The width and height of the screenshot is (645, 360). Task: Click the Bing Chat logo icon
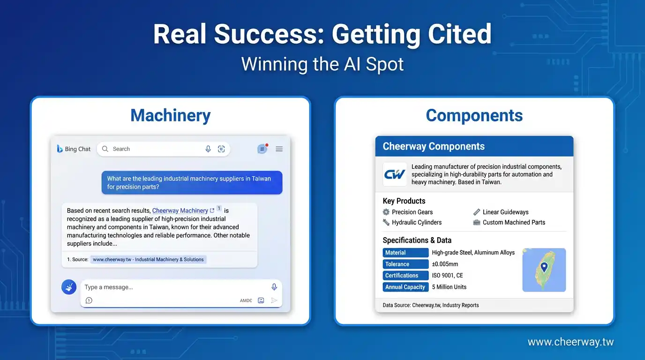coord(60,149)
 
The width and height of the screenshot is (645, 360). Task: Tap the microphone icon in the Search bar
coord(208,149)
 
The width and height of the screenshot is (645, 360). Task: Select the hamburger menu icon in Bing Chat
coord(279,149)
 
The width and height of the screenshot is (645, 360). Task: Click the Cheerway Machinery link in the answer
coord(180,210)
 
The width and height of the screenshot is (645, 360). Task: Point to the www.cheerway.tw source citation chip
coord(148,260)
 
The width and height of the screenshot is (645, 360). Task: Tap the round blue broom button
coord(69,287)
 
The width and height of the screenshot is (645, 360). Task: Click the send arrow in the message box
coord(274,300)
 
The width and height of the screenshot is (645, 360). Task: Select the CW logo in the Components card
coord(395,174)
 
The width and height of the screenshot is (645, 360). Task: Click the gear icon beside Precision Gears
coord(386,212)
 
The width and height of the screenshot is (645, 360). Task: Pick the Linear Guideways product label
coord(506,212)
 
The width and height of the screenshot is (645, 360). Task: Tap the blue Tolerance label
coord(405,264)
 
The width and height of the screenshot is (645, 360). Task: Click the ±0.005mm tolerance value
coord(445,264)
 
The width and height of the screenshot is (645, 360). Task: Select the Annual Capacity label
coord(405,287)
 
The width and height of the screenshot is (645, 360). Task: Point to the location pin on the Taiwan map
coord(544,267)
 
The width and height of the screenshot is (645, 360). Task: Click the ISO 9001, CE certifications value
coord(448,276)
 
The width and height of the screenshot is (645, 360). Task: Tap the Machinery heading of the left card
coord(171,115)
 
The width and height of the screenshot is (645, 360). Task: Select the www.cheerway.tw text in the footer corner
coord(570,342)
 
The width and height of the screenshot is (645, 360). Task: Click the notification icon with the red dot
coord(262,149)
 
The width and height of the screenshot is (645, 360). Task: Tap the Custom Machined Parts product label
coord(514,222)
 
